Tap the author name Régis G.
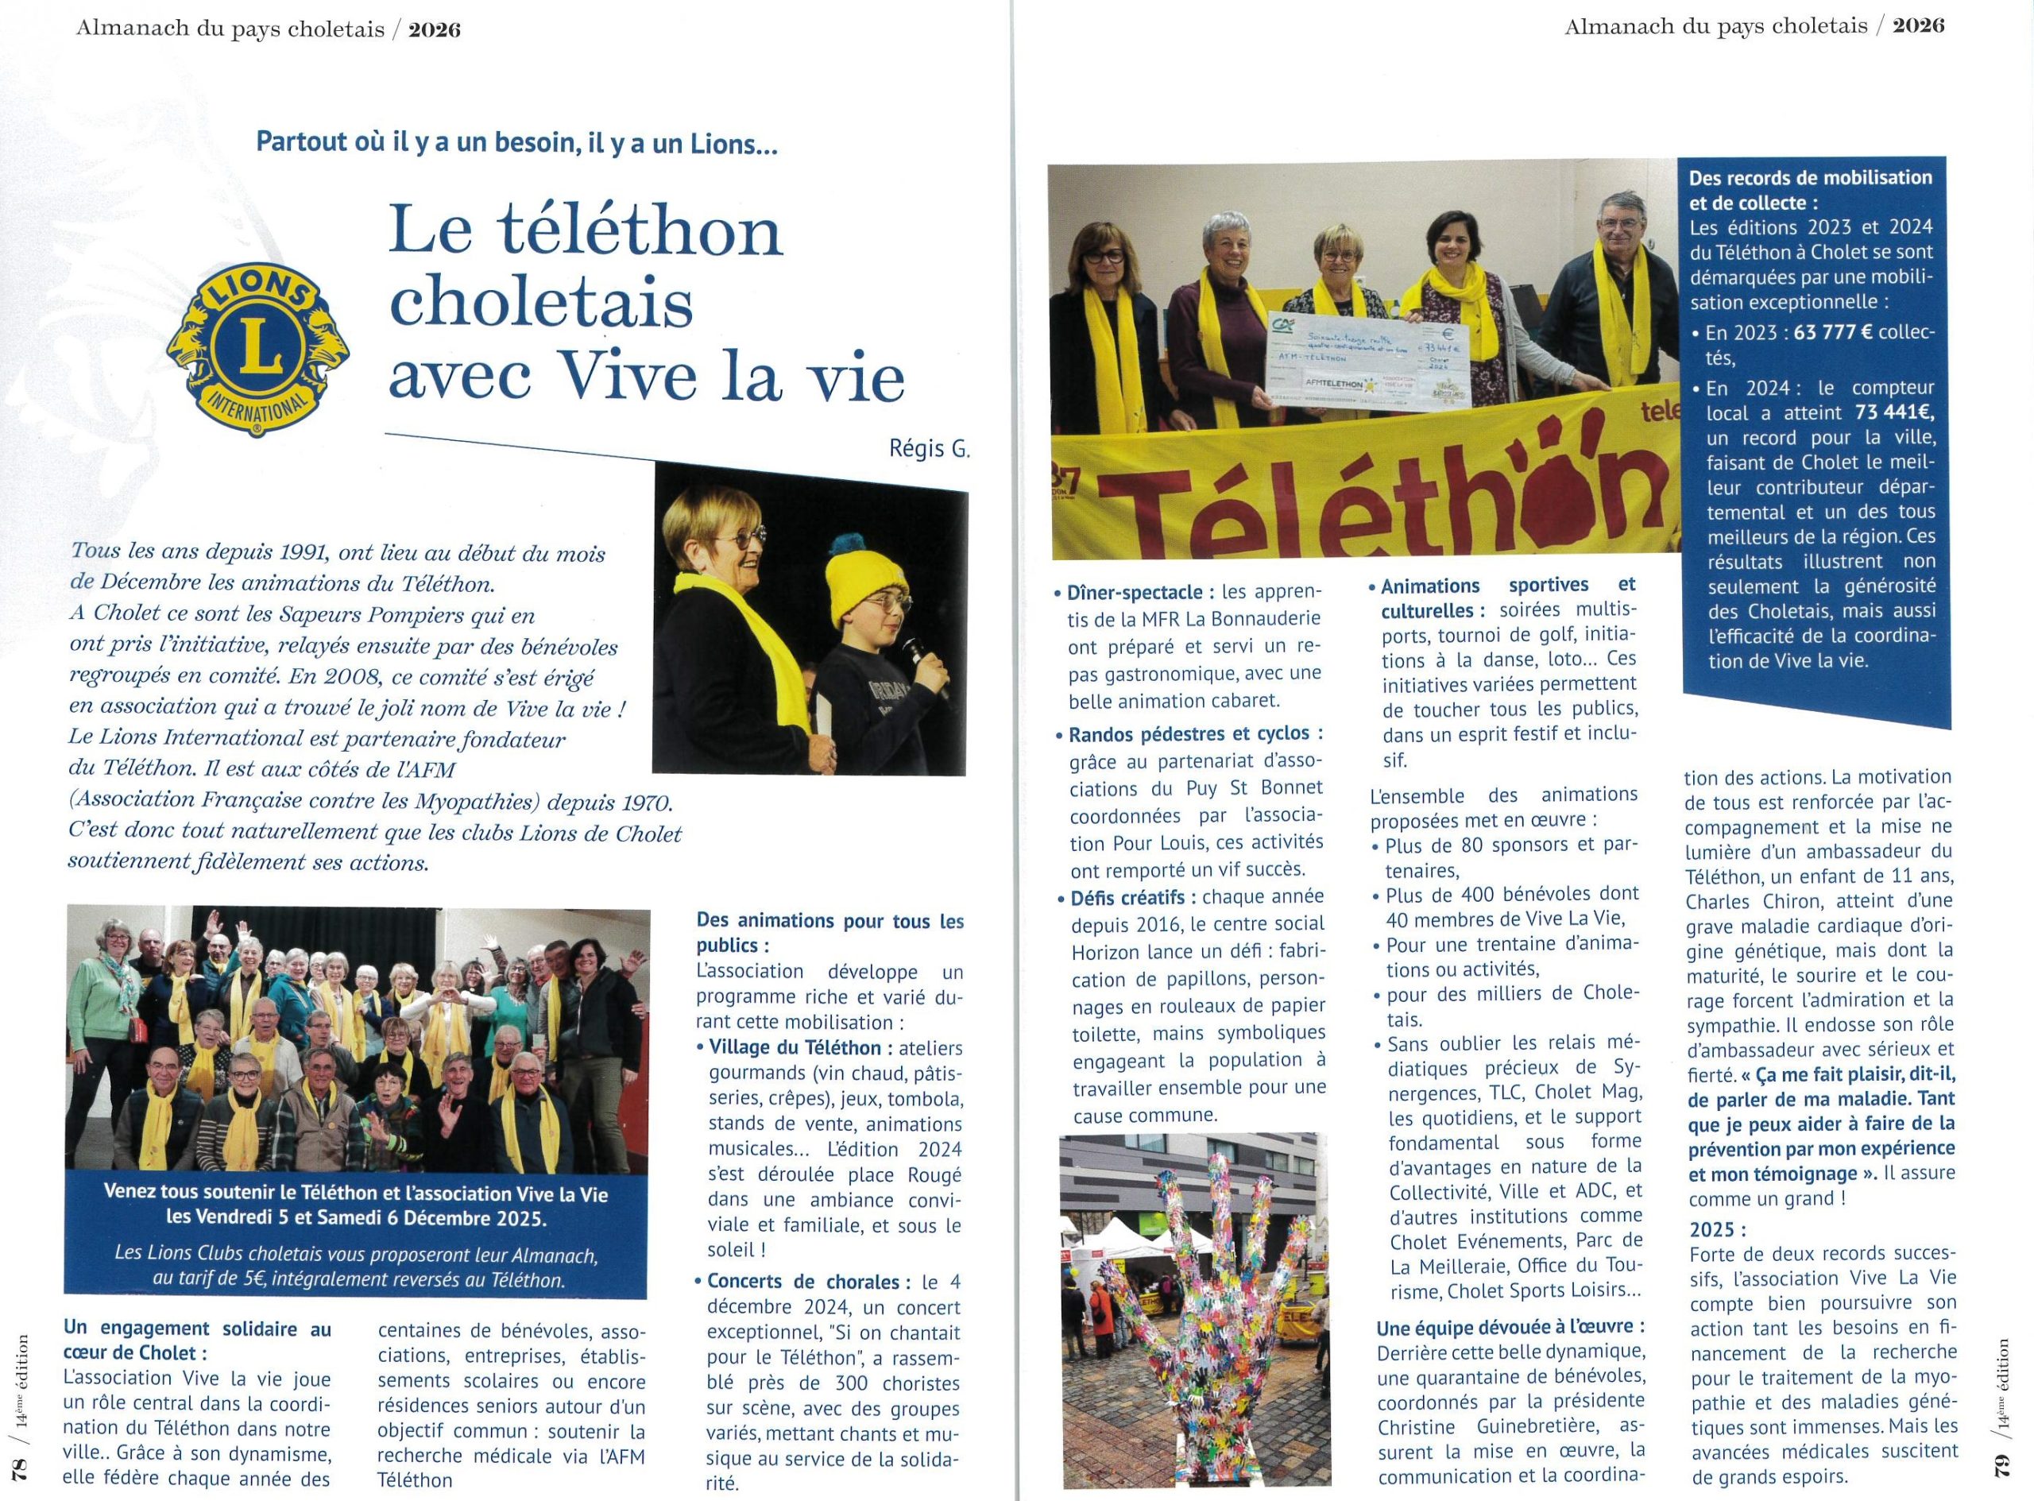pyautogui.click(x=930, y=449)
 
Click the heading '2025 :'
pyautogui.click(x=1717, y=1230)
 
